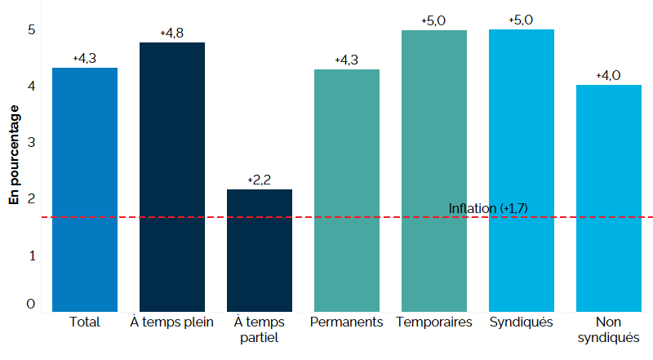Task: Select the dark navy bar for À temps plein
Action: pos(172,176)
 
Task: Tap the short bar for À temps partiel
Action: pos(259,250)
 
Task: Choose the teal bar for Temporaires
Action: pos(433,171)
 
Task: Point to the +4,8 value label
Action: pos(171,33)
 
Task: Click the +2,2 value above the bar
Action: pos(259,180)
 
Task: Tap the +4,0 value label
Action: pos(608,75)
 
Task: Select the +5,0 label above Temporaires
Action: pos(433,20)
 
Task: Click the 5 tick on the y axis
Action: pos(31,30)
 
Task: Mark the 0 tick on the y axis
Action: pos(31,304)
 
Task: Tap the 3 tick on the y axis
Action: pos(31,142)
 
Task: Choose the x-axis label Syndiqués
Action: pos(521,322)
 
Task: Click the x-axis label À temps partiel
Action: pos(259,330)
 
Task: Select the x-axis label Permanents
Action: pos(347,322)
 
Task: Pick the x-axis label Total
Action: pos(85,322)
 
